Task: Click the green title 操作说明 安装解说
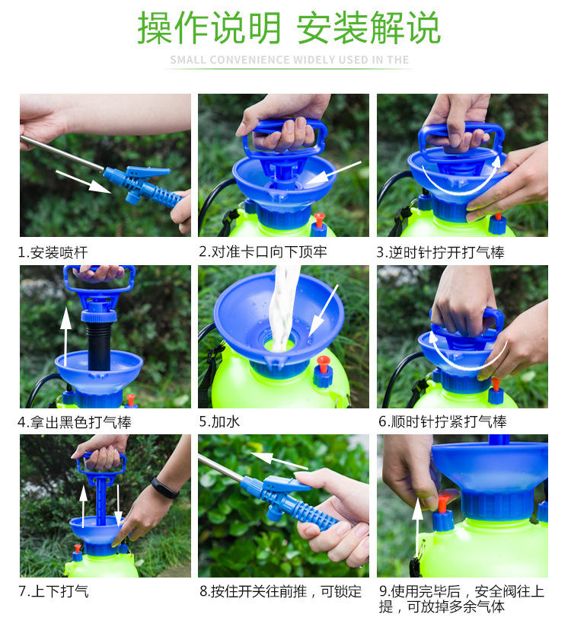[289, 28]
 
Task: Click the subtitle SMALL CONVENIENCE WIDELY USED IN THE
[289, 59]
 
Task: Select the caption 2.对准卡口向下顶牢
[263, 251]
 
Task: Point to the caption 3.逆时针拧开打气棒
[441, 251]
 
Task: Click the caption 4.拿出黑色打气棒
[75, 421]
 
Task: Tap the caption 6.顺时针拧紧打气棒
[442, 421]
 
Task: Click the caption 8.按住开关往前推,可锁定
[280, 590]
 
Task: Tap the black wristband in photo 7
[164, 488]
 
